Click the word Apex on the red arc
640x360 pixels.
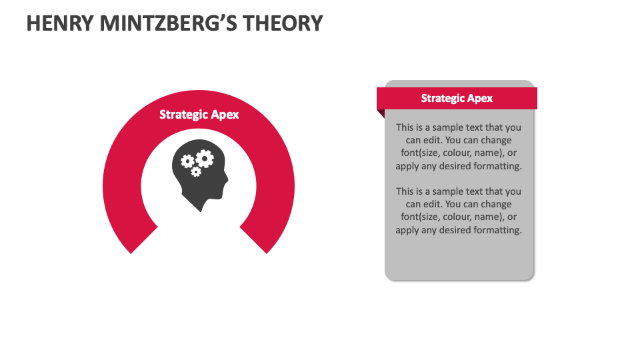pos(225,115)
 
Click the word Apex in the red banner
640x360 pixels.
pos(480,98)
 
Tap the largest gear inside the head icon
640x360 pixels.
pos(205,158)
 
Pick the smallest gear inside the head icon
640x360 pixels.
pos(196,172)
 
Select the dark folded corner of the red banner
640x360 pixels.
pos(381,115)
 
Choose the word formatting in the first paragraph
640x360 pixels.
pos(497,166)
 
